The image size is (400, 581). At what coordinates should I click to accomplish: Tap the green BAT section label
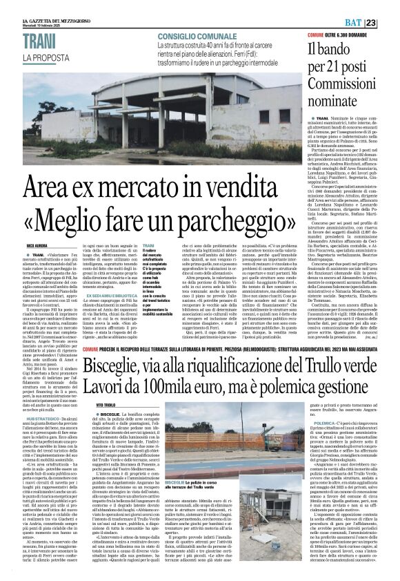[368, 23]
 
